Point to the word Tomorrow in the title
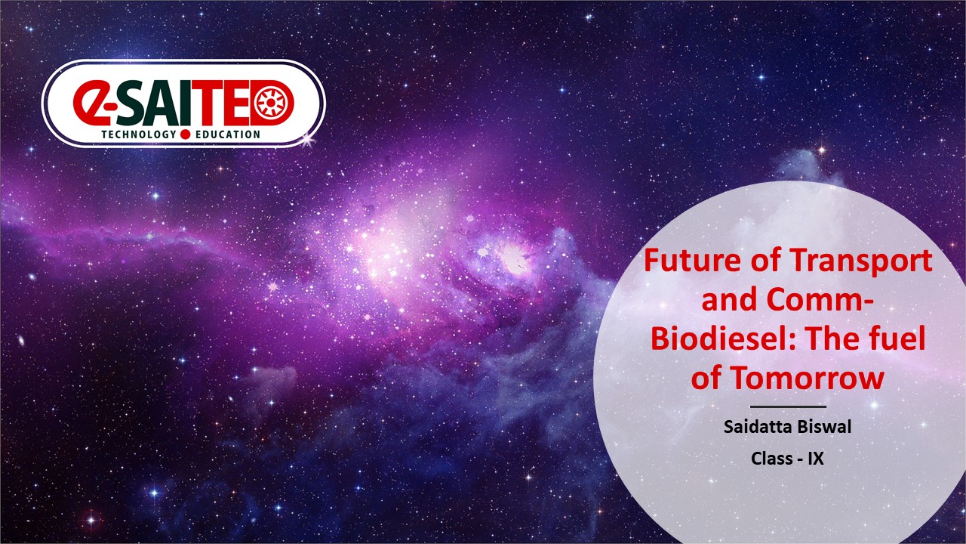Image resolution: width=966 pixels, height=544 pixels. pos(807,378)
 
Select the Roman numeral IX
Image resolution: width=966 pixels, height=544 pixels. pos(816,458)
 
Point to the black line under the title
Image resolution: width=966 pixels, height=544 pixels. pos(788,406)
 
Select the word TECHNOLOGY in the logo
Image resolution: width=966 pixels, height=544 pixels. pos(139,134)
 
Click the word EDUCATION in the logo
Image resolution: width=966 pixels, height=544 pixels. pos(228,134)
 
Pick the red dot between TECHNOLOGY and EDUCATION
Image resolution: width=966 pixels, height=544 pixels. pos(186,134)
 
